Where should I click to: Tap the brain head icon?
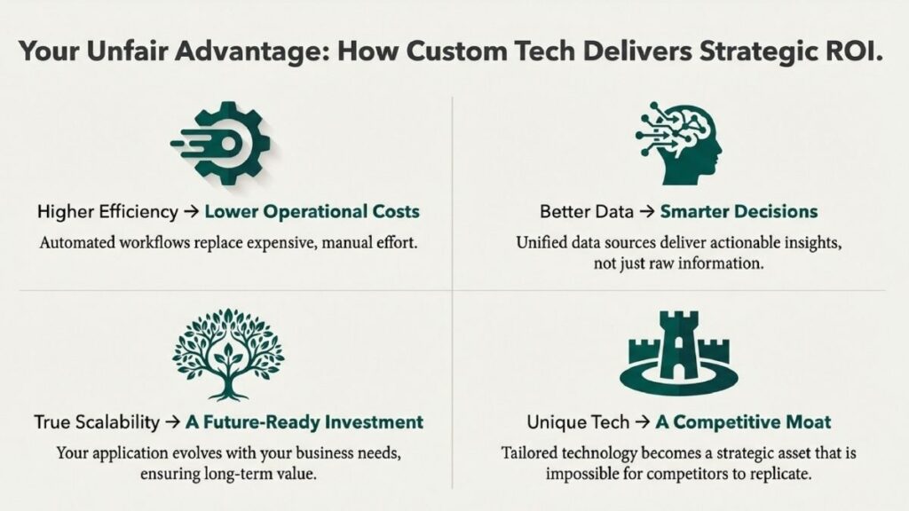[679, 143]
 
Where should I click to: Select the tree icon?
[228, 354]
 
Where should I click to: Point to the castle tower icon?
[679, 352]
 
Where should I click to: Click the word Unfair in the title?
[127, 51]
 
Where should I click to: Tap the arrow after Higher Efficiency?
[192, 212]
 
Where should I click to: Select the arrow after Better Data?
[646, 212]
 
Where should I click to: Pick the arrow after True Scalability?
[172, 422]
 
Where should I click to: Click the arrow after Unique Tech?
[643, 422]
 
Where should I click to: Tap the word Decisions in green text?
[779, 211]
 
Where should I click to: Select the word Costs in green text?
[396, 211]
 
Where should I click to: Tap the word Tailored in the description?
[529, 452]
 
